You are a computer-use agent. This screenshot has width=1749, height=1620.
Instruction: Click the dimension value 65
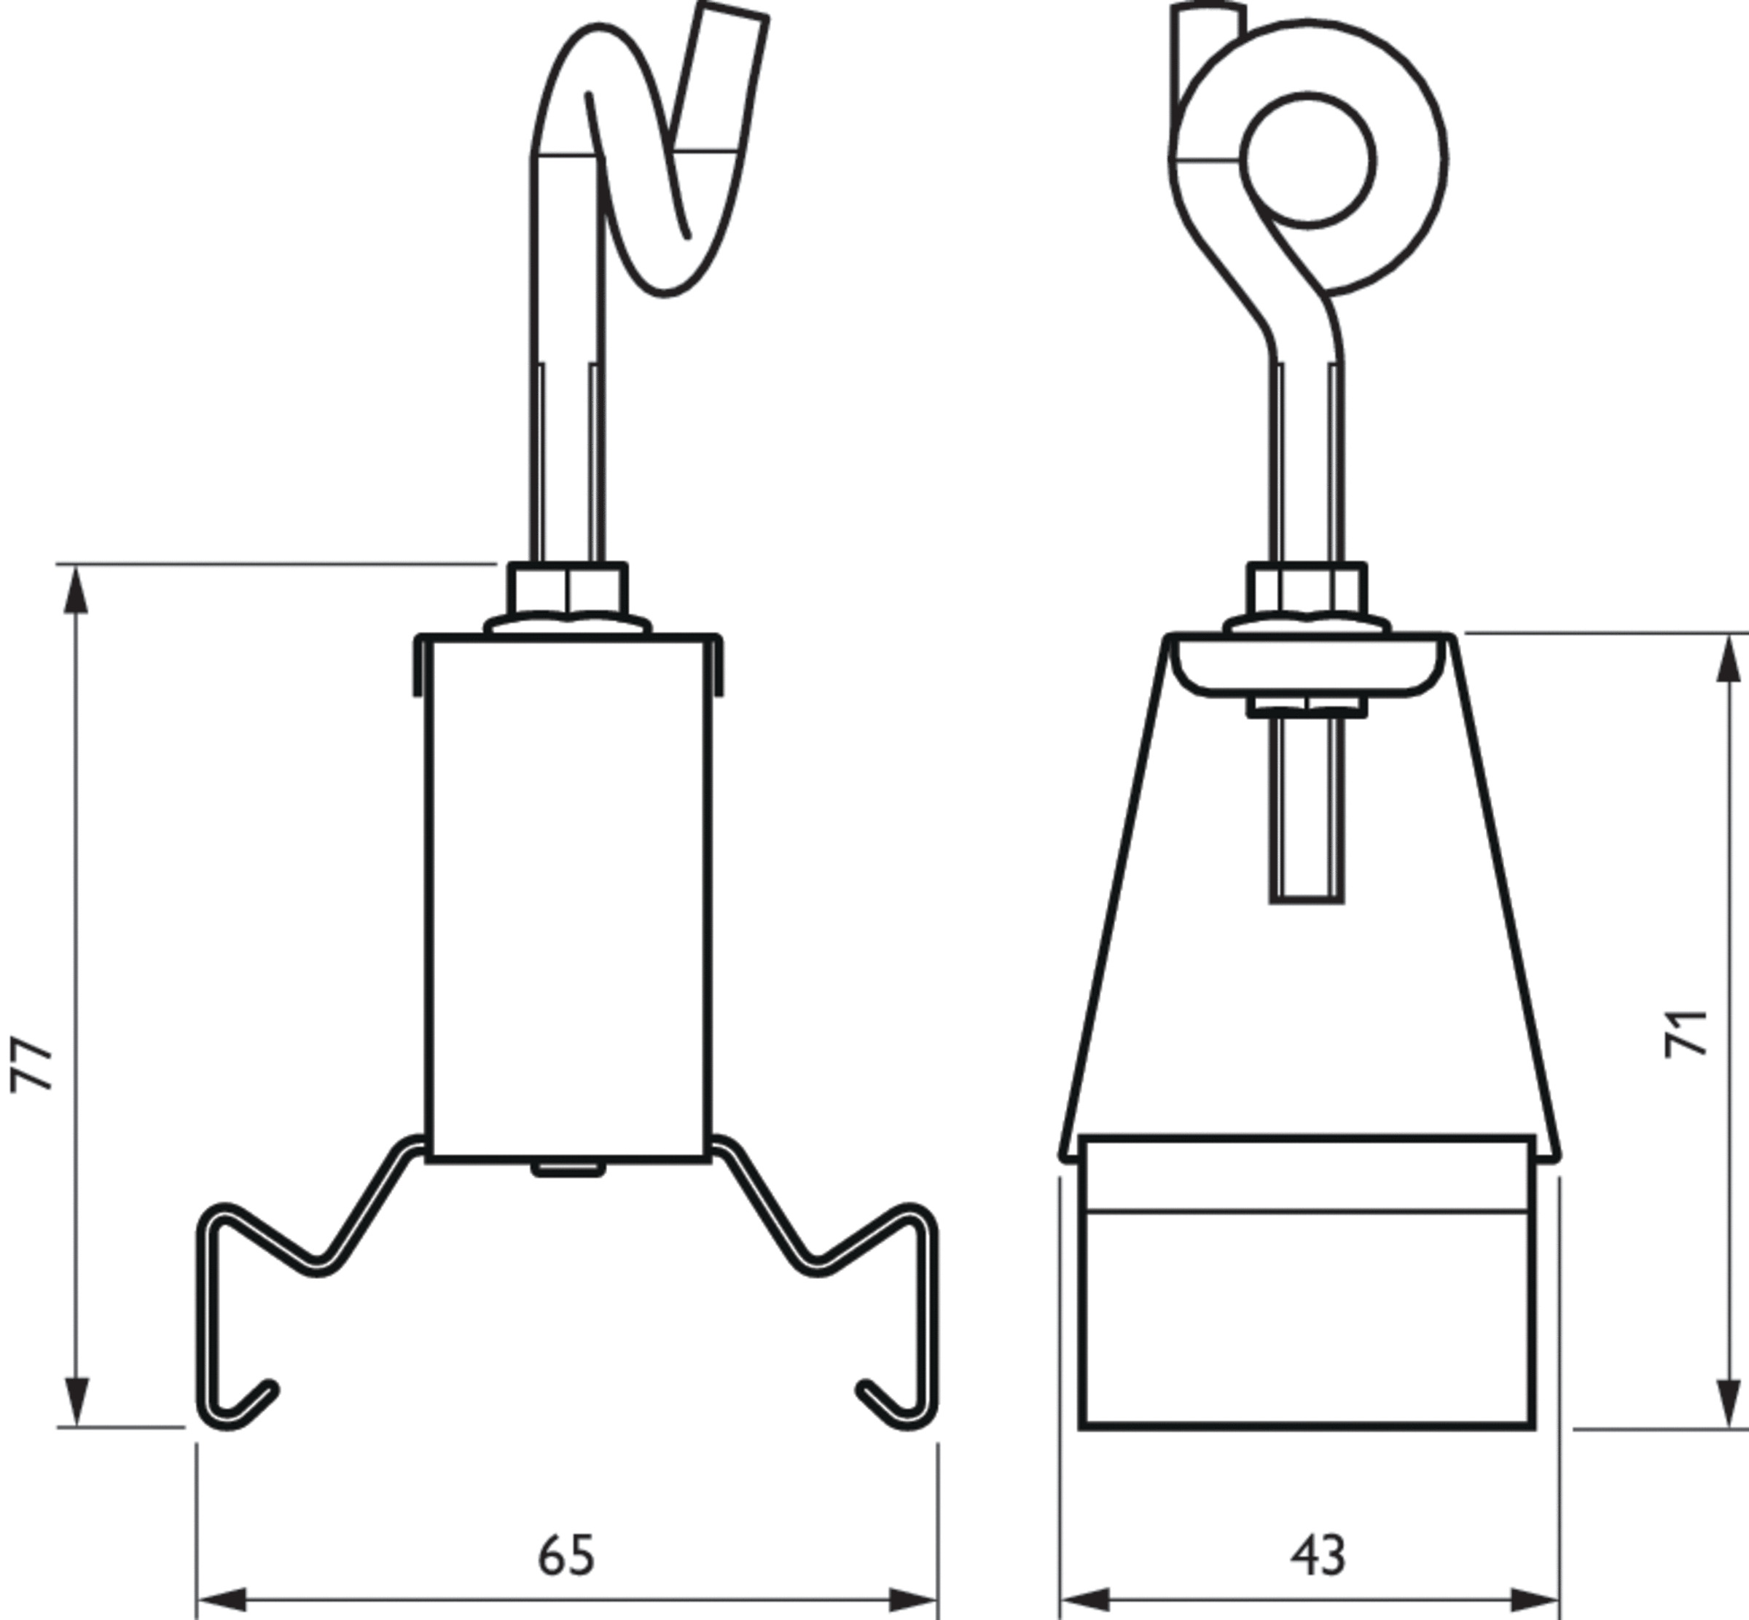(x=566, y=1555)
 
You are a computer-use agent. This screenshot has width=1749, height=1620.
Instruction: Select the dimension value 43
(x=1317, y=1555)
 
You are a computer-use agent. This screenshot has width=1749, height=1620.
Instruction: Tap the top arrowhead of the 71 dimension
(x=1728, y=658)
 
